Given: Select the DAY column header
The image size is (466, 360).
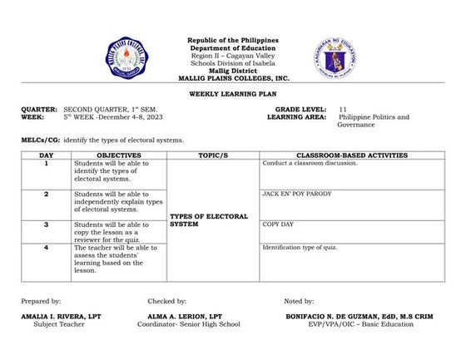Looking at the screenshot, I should (47, 155).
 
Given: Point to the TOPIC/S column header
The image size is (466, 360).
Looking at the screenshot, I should (213, 155).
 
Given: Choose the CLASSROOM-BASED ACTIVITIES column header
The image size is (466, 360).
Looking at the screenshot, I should (351, 155).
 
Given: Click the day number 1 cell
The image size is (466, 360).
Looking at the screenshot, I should (47, 164).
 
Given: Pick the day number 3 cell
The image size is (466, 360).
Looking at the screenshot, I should (47, 224).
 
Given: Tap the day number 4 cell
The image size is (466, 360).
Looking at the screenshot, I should (47, 247).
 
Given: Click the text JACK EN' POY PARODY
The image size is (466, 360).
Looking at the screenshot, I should (297, 194).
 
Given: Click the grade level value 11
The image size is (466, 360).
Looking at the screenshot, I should (343, 109).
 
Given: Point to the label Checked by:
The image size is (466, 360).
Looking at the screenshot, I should (166, 300).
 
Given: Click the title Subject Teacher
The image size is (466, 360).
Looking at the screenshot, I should (59, 324).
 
